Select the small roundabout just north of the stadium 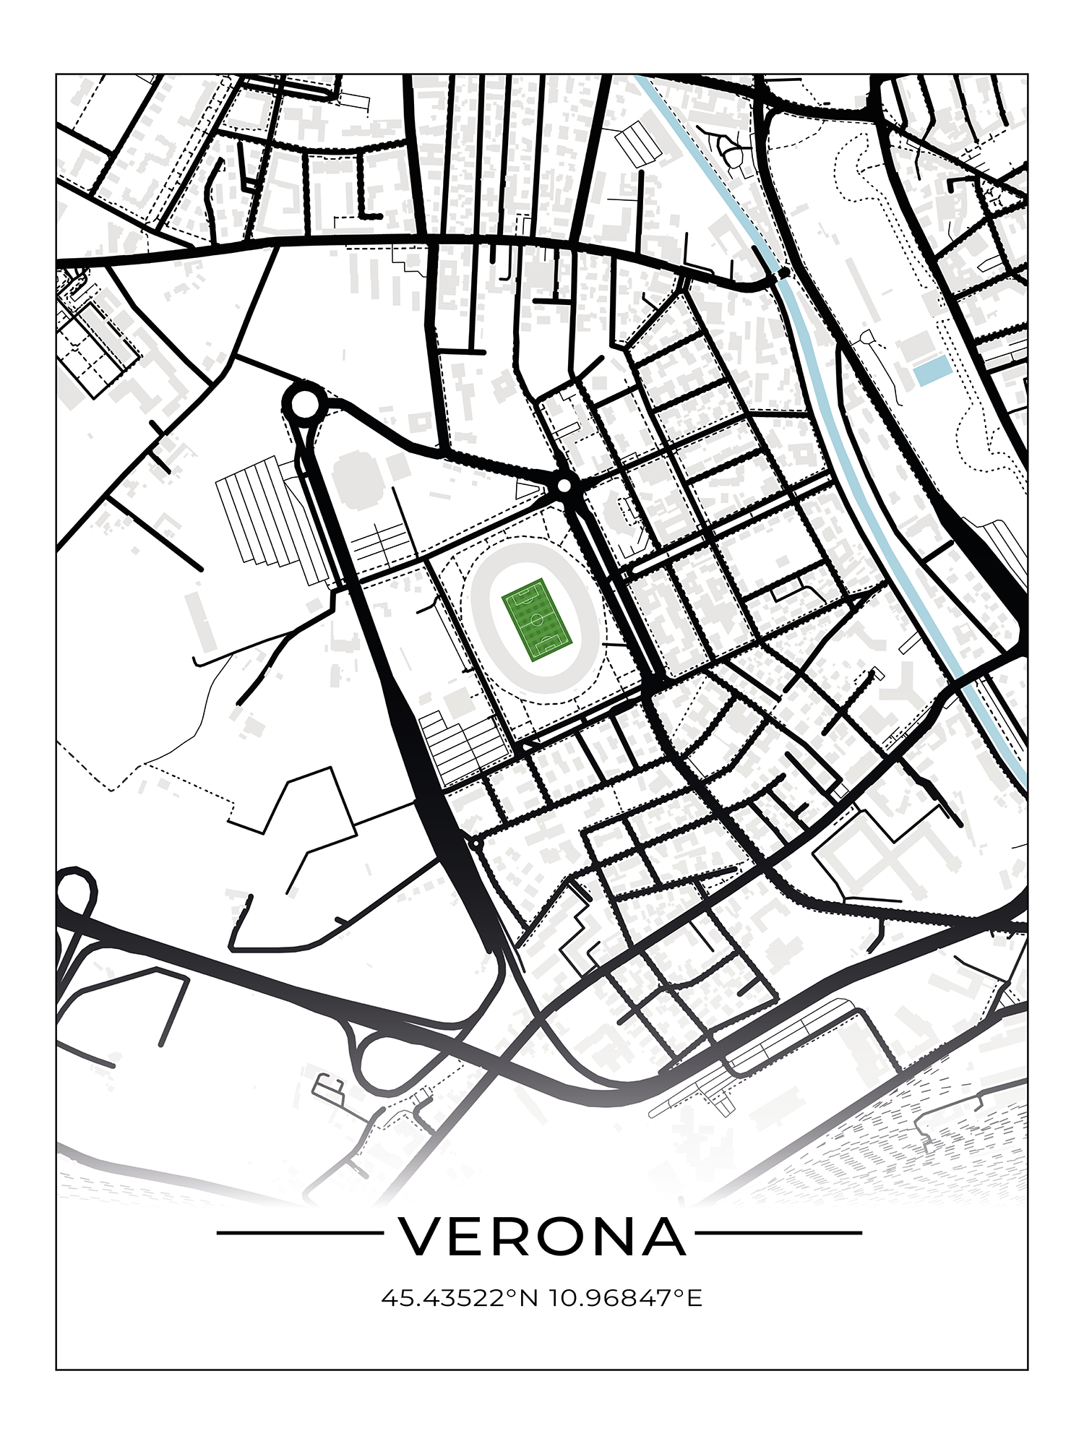[564, 486]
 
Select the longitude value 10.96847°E [626, 1299]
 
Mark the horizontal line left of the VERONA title [300, 1233]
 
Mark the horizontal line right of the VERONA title [778, 1233]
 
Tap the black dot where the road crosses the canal [784, 273]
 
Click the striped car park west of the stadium [267, 517]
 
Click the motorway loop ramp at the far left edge [75, 893]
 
